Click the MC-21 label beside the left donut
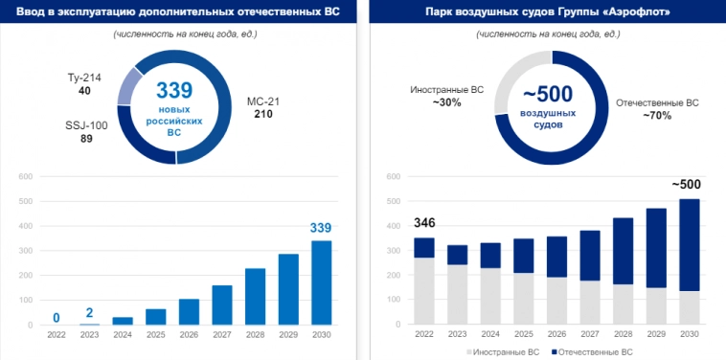coord(262,107)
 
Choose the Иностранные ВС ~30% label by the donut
coord(446,95)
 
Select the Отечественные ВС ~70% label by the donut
coord(657,108)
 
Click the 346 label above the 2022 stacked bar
coord(424,224)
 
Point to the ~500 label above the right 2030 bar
coord(686,185)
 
